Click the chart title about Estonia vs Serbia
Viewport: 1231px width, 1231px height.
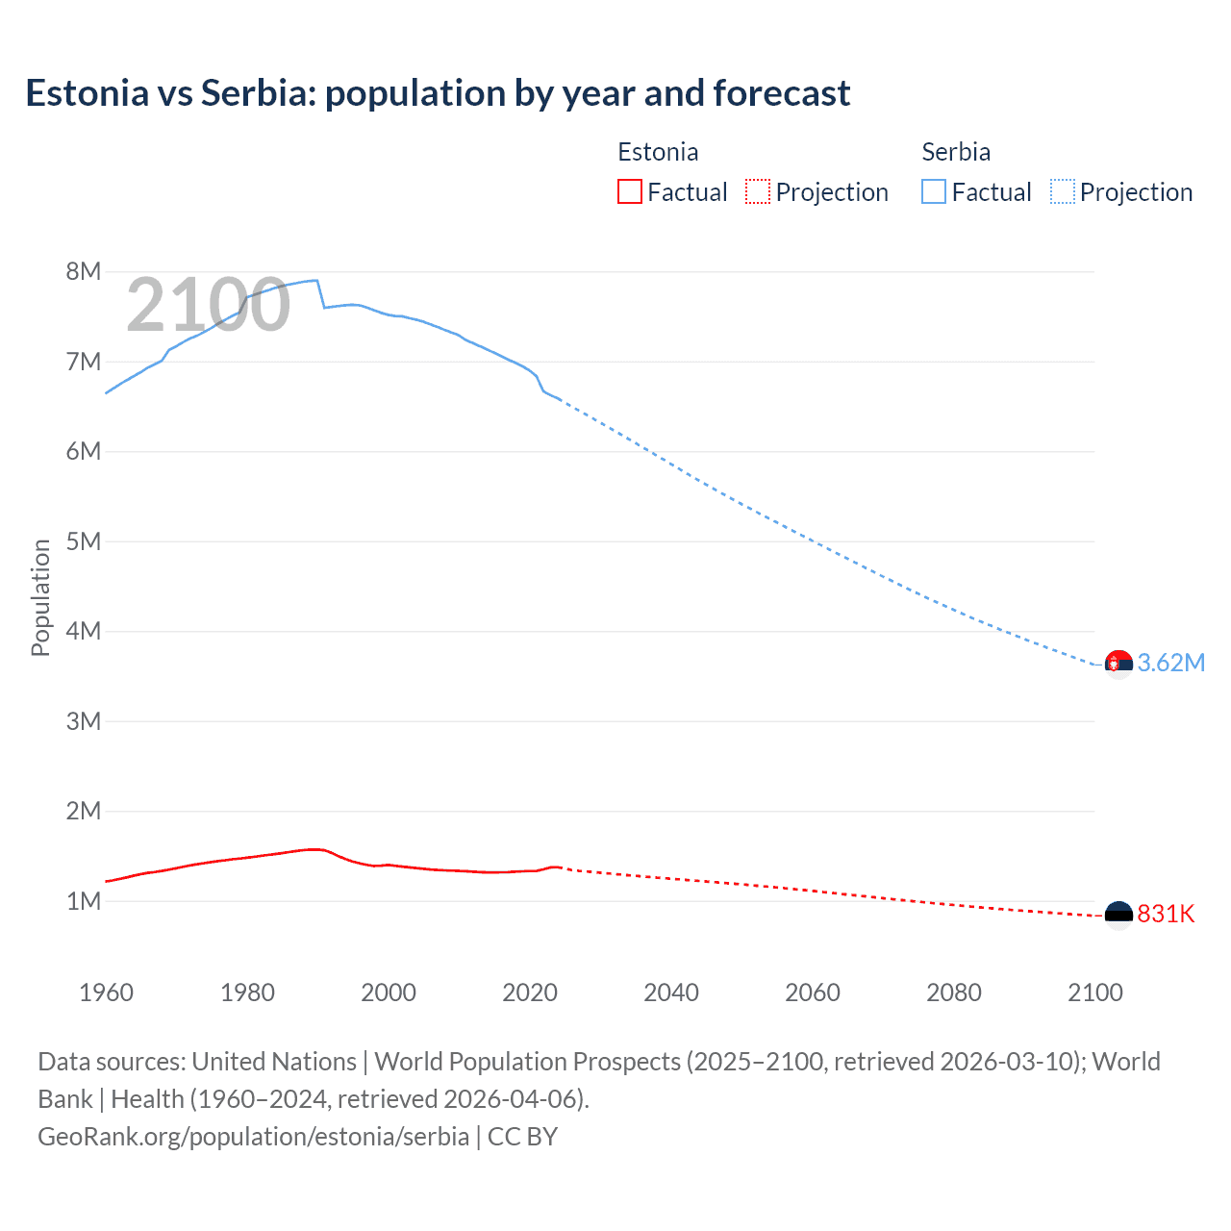point(438,93)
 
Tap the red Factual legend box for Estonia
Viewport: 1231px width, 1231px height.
point(629,192)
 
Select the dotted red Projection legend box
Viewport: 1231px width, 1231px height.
point(758,192)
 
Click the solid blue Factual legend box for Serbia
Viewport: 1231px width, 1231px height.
point(933,192)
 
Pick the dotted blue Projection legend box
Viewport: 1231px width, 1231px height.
point(1063,192)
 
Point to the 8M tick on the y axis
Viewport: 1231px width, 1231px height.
point(84,272)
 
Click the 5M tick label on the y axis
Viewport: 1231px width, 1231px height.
point(84,541)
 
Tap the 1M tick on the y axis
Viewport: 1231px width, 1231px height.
point(84,901)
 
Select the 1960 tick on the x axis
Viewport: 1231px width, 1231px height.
point(106,992)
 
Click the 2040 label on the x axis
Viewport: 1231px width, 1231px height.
point(671,992)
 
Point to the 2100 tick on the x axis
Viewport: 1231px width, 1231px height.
point(1095,992)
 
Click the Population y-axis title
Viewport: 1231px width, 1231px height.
point(40,597)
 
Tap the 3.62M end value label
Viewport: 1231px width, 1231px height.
point(1170,663)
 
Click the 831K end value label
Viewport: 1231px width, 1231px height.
point(1166,914)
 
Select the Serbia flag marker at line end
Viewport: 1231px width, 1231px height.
point(1118,663)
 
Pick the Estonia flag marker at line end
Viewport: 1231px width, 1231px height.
point(1118,914)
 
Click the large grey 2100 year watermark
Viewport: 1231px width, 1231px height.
point(208,305)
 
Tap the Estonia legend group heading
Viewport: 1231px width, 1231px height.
point(658,152)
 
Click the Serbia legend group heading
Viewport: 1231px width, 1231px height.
point(956,152)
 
